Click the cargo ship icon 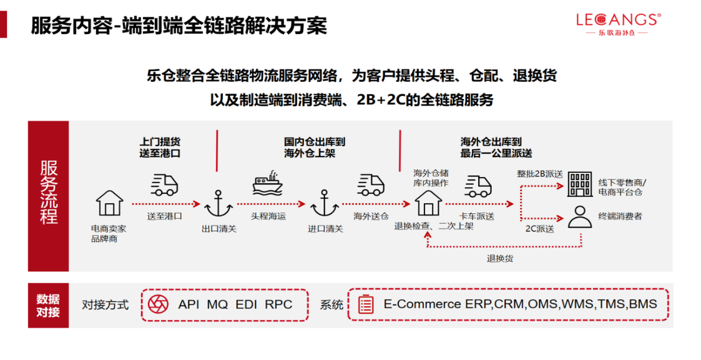[x=267, y=185]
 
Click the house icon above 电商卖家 [x=110, y=203]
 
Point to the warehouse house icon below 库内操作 [x=429, y=203]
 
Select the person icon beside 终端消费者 [x=579, y=217]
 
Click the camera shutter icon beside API [x=158, y=304]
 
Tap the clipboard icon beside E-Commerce [x=365, y=304]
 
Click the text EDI [x=246, y=304]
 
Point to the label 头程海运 [x=268, y=216]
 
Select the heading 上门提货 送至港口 [x=160, y=147]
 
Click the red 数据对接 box [x=48, y=305]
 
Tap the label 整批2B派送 [x=540, y=173]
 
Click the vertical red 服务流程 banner [x=48, y=195]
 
